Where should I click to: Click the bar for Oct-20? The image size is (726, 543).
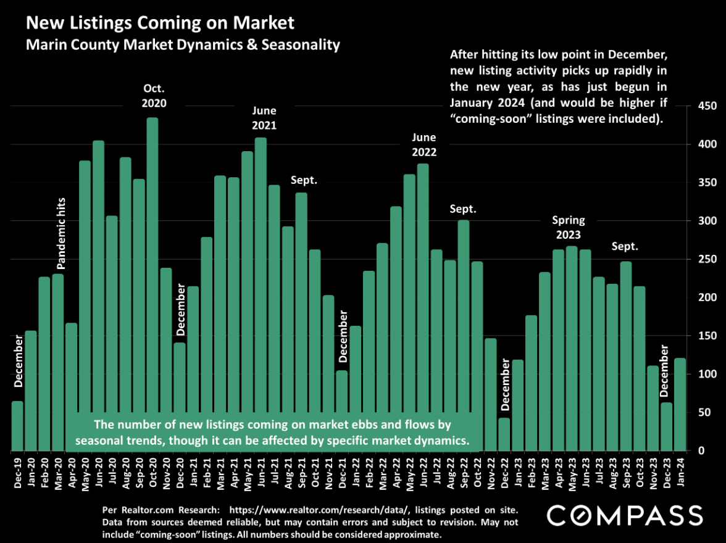pyautogui.click(x=152, y=284)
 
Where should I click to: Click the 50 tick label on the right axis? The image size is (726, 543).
pyautogui.click(x=704, y=412)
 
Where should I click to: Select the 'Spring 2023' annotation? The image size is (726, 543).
pyautogui.click(x=568, y=227)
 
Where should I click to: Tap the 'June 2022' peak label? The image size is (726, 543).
pyautogui.click(x=424, y=144)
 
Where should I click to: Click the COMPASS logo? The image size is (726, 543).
pyautogui.click(x=625, y=515)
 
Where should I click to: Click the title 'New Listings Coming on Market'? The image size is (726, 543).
pyautogui.click(x=160, y=24)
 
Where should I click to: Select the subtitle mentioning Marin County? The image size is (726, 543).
pyautogui.click(x=183, y=45)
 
